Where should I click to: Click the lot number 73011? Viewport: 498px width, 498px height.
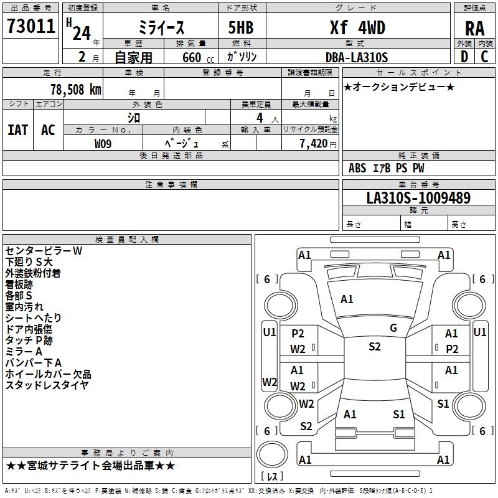pos(31,27)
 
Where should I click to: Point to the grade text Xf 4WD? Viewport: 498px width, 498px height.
pos(357,28)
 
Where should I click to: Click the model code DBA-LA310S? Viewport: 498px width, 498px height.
pos(357,57)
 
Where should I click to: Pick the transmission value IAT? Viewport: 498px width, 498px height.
pos(17,130)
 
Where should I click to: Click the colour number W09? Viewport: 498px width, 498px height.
pos(103,144)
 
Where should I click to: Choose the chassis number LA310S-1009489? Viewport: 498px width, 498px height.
pos(418,198)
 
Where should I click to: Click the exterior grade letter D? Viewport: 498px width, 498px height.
pos(464,57)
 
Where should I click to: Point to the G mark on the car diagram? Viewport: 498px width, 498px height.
pos(393,328)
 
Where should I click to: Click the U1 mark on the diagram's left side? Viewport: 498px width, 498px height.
pos(269,332)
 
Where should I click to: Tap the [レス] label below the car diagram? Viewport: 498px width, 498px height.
pos(272,477)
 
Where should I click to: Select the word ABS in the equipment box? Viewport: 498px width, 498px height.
pos(357,168)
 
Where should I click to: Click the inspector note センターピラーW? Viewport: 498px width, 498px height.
pos(44,250)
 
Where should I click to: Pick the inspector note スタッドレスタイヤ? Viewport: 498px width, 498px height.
pos(47,385)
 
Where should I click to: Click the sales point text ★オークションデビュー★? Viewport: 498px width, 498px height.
pos(399,87)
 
